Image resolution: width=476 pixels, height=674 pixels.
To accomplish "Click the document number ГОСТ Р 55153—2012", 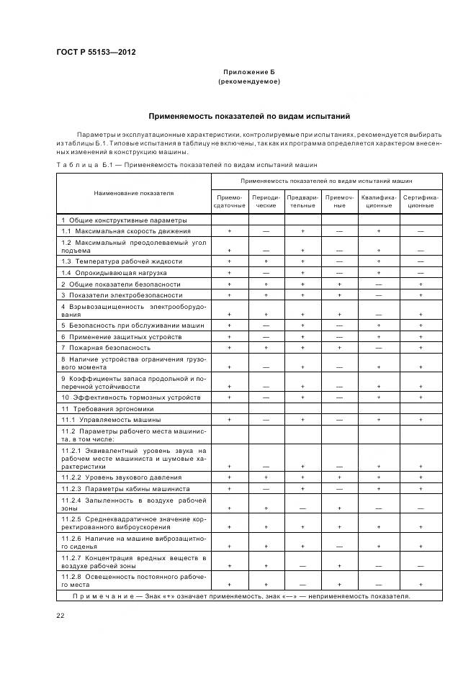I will pyautogui.click(x=96, y=52).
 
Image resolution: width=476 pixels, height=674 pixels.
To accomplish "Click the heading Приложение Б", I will pyautogui.click(x=248, y=73).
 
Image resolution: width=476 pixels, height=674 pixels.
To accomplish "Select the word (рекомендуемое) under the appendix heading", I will pyautogui.click(x=248, y=82).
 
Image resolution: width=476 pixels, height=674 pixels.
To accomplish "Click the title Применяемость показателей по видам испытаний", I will pyautogui.click(x=248, y=115).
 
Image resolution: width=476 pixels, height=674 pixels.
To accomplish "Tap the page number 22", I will pyautogui.click(x=60, y=614).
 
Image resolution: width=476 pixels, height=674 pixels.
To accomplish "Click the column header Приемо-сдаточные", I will pyautogui.click(x=229, y=201).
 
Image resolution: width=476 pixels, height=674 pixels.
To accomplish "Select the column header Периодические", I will pyautogui.click(x=266, y=201).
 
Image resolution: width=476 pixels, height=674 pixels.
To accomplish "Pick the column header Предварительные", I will pyautogui.click(x=302, y=201).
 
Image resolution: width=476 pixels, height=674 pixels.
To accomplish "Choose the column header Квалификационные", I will pyautogui.click(x=378, y=201).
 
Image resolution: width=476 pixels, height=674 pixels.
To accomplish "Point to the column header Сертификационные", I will pyautogui.click(x=421, y=201).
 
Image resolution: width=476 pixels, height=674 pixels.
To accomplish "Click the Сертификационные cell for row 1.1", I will pyautogui.click(x=421, y=231).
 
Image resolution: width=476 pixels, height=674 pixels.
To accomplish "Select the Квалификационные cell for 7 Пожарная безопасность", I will pyautogui.click(x=378, y=347).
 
